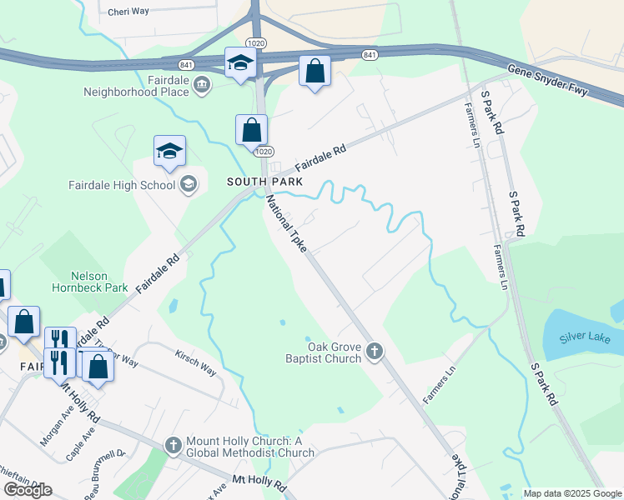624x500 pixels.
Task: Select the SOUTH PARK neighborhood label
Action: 264,181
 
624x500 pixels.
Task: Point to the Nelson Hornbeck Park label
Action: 99,282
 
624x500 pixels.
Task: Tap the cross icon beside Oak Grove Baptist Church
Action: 374,352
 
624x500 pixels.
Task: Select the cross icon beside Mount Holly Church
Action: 174,446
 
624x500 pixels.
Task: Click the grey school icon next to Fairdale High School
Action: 189,184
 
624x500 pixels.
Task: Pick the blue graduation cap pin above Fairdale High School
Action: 169,152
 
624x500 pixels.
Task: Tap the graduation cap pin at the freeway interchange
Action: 240,62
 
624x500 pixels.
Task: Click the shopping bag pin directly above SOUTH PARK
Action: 251,131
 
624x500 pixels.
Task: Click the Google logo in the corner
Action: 28,490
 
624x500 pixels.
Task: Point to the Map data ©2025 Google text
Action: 571,493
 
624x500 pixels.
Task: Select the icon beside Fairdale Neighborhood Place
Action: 202,84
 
